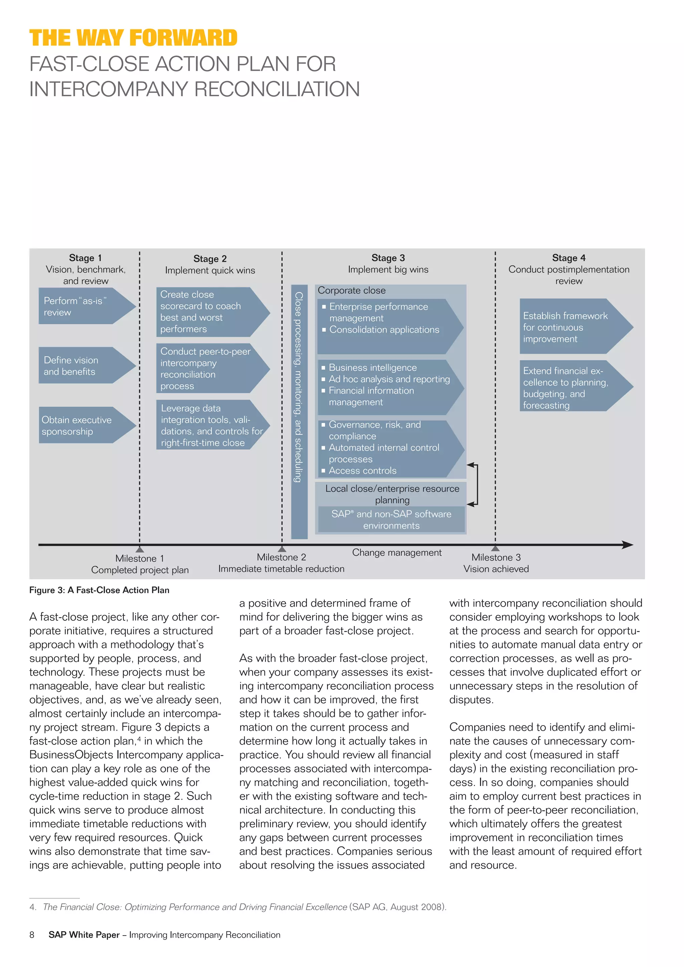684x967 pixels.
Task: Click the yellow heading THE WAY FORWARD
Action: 133,38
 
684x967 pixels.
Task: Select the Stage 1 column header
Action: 85,258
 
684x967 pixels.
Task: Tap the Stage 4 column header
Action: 568,258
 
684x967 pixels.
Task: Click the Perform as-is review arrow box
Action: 80,306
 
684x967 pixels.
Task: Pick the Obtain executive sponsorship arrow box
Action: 80,425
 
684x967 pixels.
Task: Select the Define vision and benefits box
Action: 80,366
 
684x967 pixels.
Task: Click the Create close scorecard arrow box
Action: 206,312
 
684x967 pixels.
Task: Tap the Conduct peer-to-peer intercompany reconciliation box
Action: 206,369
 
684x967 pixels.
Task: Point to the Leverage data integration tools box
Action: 206,425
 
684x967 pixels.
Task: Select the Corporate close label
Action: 352,291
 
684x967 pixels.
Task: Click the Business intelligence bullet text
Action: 373,368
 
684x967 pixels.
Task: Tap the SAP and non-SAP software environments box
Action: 391,520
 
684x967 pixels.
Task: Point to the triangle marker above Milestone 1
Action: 140,549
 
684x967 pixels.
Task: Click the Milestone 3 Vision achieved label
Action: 496,563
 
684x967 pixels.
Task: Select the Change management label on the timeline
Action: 397,553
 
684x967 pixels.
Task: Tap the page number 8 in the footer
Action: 32,935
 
